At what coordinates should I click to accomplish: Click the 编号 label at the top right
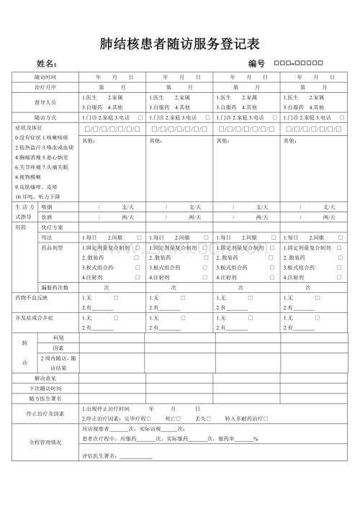[x=257, y=64]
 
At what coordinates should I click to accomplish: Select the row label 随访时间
[x=45, y=76]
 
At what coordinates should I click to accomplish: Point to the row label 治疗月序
[x=45, y=87]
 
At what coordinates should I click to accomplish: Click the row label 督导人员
[x=45, y=101]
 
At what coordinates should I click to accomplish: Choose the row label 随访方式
[x=45, y=117]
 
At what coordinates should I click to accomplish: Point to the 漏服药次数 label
[x=55, y=286]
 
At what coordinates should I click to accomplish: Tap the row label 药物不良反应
[x=32, y=297]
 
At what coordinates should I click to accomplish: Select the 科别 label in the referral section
[x=58, y=337]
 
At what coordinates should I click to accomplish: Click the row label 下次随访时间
[x=45, y=388]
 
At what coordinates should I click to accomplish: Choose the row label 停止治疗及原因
[x=45, y=414]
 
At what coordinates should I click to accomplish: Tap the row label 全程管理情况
[x=45, y=442]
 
